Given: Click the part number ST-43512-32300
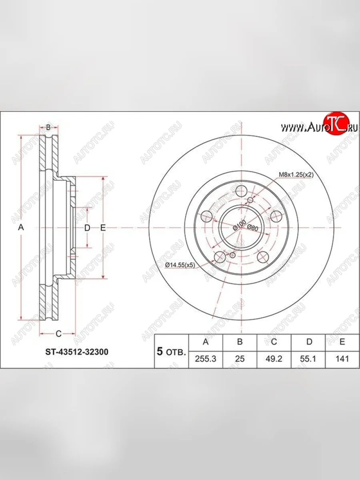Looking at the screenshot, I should tap(76, 352).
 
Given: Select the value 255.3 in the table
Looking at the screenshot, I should tap(205, 359).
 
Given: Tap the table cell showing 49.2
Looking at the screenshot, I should tap(274, 359).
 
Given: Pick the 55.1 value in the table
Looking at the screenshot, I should tap(309, 359).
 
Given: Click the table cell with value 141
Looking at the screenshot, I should tap(342, 359).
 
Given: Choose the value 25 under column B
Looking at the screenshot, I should tap(240, 359).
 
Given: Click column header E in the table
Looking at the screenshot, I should tap(342, 342).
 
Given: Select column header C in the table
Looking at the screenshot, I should tap(274, 342).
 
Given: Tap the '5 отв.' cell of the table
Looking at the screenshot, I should tap(171, 352).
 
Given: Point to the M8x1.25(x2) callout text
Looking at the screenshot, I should tap(295, 174).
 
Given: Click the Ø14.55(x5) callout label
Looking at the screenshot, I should tap(180, 265).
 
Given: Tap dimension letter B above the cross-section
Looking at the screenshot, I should tap(48, 128).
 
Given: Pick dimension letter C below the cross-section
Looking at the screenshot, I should tap(58, 333).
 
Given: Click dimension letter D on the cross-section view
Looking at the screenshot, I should tap(87, 228).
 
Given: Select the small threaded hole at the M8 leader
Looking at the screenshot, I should tap(250, 200).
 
